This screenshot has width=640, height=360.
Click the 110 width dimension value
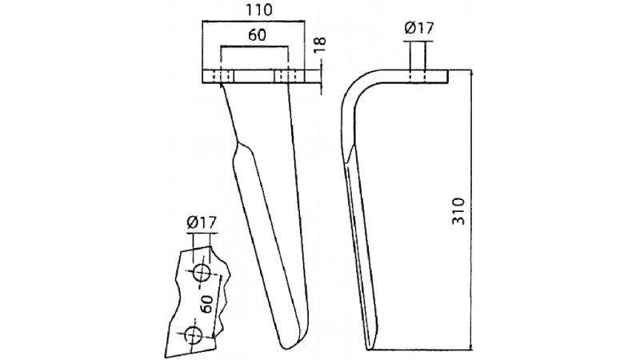[x=254, y=11]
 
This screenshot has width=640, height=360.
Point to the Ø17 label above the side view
[x=419, y=29]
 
